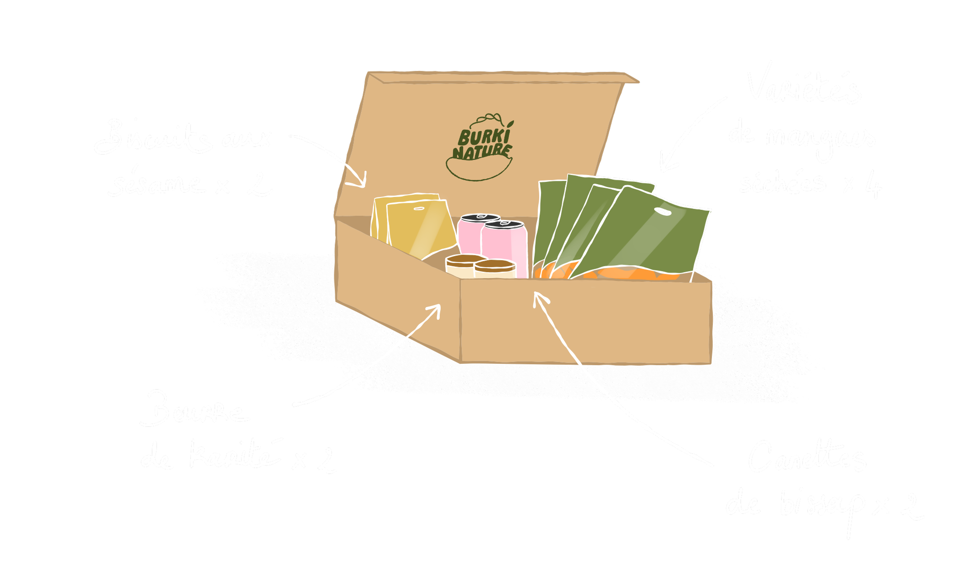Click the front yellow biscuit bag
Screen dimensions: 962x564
pyautogui.click(x=419, y=229)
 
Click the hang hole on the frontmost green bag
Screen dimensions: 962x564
pyautogui.click(x=662, y=212)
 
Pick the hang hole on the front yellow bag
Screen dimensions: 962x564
pyautogui.click(x=419, y=209)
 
